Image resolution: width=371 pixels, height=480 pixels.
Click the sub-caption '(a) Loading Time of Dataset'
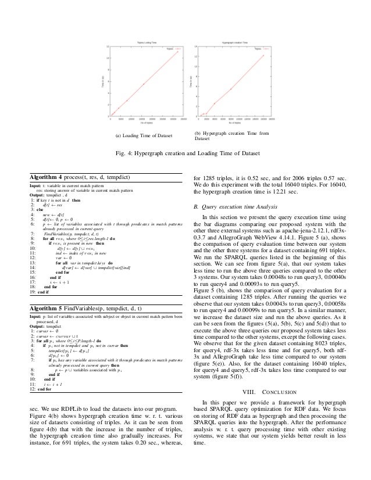pyautogui.click(x=145, y=137)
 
